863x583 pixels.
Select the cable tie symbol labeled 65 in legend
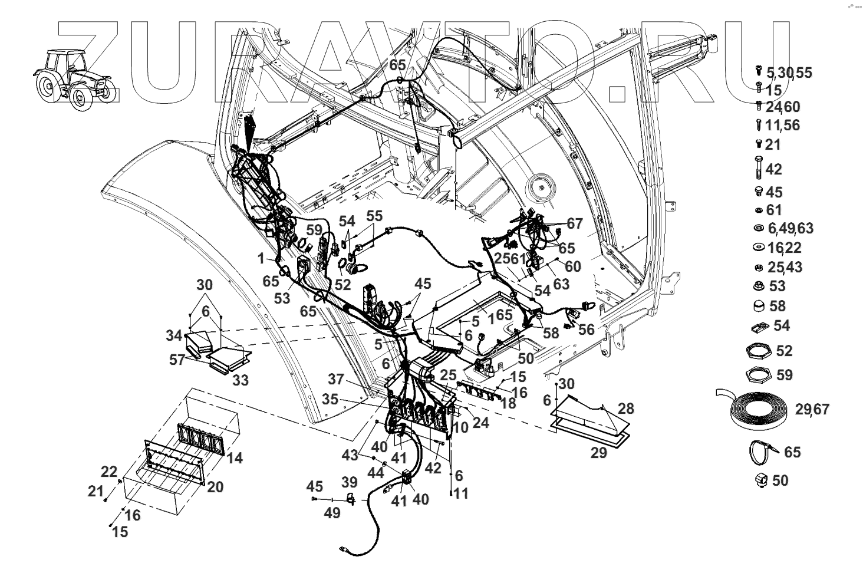pos(762,453)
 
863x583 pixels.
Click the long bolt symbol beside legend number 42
pos(758,168)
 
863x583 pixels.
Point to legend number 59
pos(785,375)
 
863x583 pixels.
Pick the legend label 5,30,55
pos(789,73)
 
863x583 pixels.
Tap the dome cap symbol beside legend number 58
pos(759,306)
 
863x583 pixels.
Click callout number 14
pos(235,457)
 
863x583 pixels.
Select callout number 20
pos(215,486)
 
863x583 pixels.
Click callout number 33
pos(240,380)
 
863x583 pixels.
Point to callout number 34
pos(174,336)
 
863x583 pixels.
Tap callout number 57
pos(177,360)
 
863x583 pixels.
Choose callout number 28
pos(625,409)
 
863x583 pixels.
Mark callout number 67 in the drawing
pos(574,223)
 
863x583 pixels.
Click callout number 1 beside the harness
pos(261,258)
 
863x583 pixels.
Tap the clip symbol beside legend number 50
pos(759,480)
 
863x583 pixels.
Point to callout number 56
pos(586,330)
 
